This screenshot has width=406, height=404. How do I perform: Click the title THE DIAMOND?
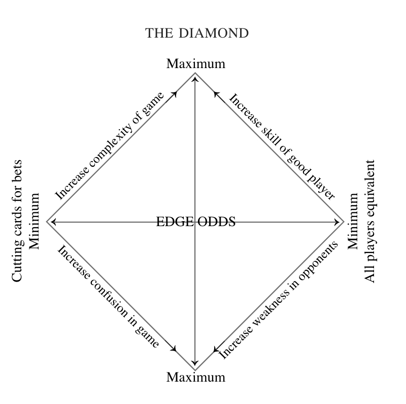(197, 34)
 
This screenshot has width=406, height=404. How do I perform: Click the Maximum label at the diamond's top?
(195, 64)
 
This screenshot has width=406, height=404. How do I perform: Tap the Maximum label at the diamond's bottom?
(195, 378)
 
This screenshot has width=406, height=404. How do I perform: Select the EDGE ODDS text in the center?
(195, 222)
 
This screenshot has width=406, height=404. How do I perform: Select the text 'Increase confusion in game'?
(109, 297)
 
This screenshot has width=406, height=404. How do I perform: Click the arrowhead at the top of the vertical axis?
(195, 77)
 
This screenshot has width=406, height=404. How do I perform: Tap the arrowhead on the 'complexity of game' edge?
(175, 94)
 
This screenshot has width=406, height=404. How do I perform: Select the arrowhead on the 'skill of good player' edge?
(216, 94)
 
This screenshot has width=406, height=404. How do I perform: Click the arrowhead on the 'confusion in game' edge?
(175, 349)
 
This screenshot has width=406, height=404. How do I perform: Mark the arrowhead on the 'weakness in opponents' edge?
(216, 349)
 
